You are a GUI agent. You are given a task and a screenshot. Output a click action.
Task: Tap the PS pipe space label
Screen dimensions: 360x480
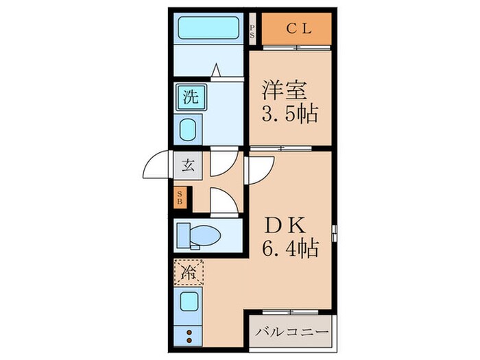point(252,30)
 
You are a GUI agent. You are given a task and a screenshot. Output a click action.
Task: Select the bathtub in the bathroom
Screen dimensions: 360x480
point(208,29)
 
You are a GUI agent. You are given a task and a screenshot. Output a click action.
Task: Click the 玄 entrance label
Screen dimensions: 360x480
point(188,165)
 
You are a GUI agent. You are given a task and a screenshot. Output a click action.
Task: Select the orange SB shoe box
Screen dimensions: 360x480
point(180,198)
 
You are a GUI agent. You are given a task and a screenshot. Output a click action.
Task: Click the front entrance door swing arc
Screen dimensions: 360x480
point(156,166)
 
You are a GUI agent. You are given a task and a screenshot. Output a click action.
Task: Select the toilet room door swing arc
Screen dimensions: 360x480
point(222,200)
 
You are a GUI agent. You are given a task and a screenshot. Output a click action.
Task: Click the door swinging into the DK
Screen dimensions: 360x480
point(261,168)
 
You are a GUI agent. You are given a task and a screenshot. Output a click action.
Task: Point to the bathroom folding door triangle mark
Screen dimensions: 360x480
point(216,69)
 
